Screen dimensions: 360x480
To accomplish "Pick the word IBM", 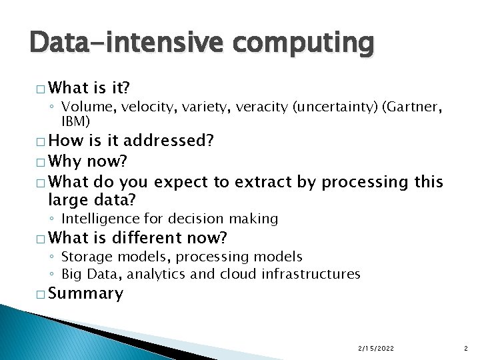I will click(x=75, y=121).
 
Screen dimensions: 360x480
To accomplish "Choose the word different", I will click(x=151, y=237).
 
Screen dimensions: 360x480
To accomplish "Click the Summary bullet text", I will click(x=86, y=293).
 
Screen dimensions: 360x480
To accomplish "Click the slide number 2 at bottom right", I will click(x=465, y=347).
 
